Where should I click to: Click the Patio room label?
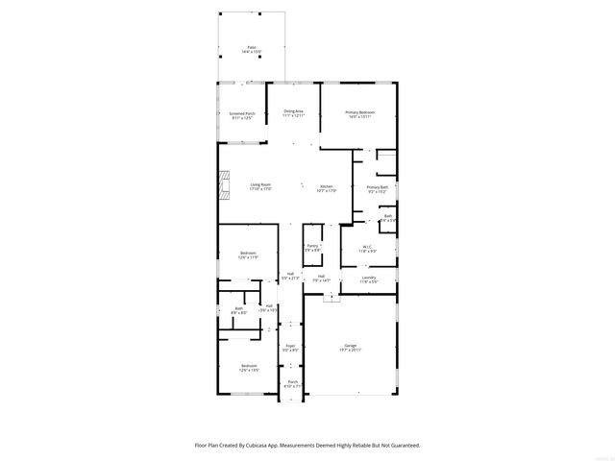[x=252, y=46]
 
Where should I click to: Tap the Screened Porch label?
[x=242, y=113]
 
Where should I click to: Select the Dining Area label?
[x=293, y=112]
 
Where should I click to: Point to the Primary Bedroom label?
[x=359, y=112]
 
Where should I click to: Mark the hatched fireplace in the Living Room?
[x=224, y=183]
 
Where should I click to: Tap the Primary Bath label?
[x=377, y=187]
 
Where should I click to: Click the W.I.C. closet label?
[x=367, y=247]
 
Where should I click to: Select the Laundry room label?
[x=368, y=278]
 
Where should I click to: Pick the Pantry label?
[x=312, y=246]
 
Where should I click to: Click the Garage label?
[x=351, y=345]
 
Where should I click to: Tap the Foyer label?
[x=290, y=345]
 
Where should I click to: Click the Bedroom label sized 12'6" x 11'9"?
[x=248, y=254]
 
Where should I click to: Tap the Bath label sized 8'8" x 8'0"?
[x=238, y=308]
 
